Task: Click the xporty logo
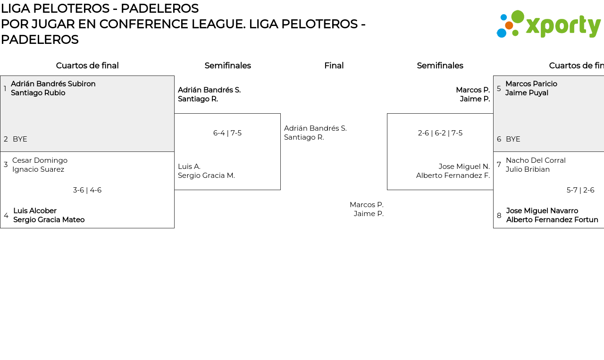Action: pyautogui.click(x=549, y=24)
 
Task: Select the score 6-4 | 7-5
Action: pyautogui.click(x=227, y=133)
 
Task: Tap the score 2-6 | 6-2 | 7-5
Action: pyautogui.click(x=440, y=133)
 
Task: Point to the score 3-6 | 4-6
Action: pyautogui.click(x=87, y=190)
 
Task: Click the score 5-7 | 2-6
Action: pyautogui.click(x=580, y=190)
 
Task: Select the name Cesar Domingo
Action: pyautogui.click(x=40, y=160)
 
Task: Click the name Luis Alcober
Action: pyautogui.click(x=35, y=211)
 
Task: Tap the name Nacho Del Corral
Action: pyautogui.click(x=536, y=160)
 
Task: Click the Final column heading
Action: pyautogui.click(x=334, y=66)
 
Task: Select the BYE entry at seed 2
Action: pyautogui.click(x=20, y=139)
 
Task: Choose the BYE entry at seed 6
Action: pyautogui.click(x=513, y=139)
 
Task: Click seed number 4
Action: pyautogui.click(x=6, y=216)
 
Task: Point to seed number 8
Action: pyautogui.click(x=499, y=216)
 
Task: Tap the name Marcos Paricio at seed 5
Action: pyautogui.click(x=531, y=84)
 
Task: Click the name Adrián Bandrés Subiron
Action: pyautogui.click(x=53, y=84)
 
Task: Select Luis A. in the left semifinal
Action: pyautogui.click(x=189, y=167)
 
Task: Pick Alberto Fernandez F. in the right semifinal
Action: pyautogui.click(x=453, y=176)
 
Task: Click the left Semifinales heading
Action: pyautogui.click(x=227, y=66)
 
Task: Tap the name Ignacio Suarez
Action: pyautogui.click(x=38, y=169)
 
